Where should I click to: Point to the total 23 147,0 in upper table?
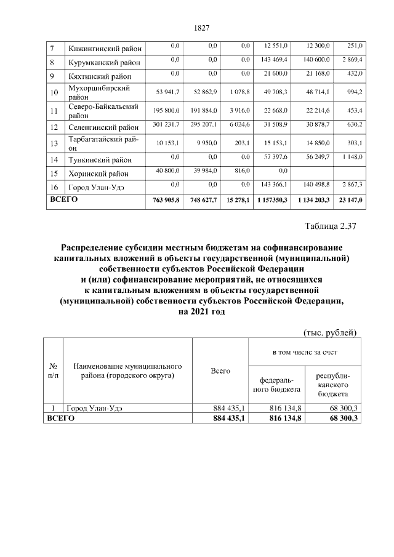point(349,201)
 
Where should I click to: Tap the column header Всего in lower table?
point(220,371)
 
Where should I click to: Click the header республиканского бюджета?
point(332,383)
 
